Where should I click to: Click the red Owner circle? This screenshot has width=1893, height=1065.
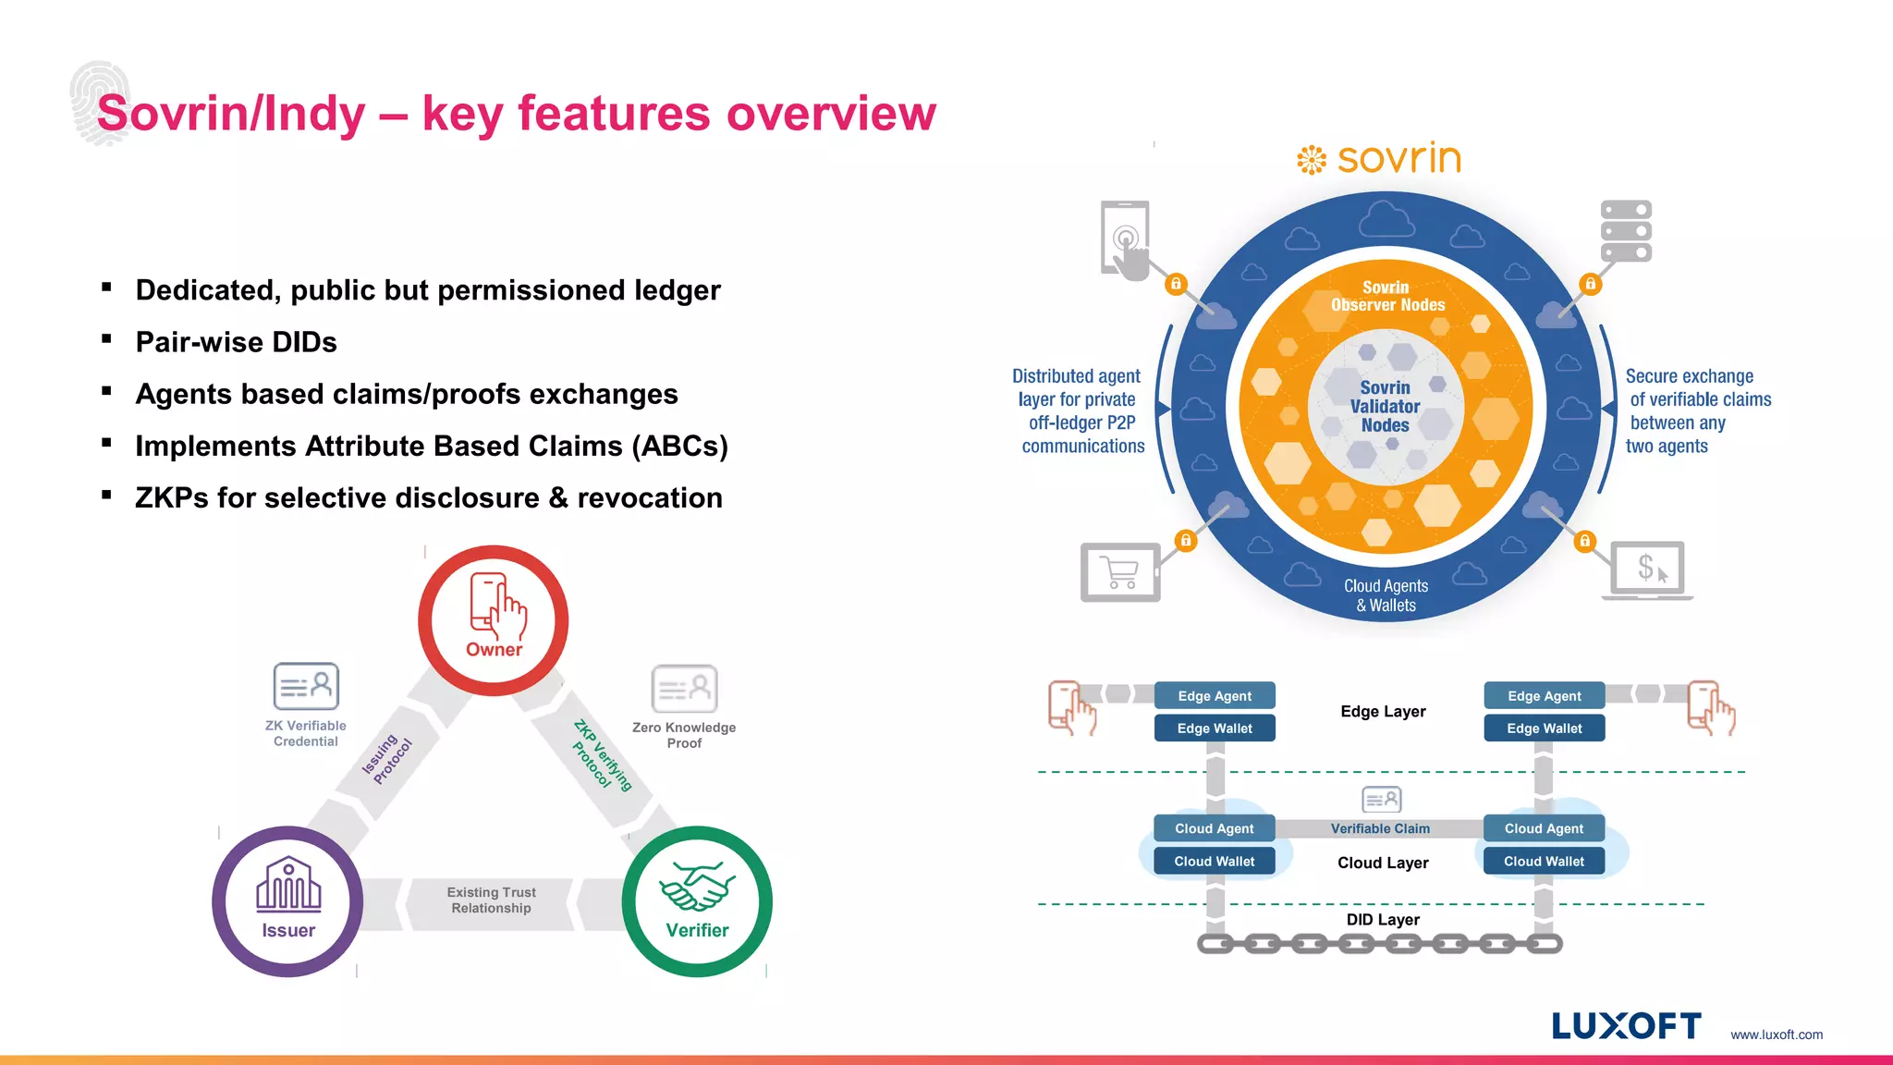[x=493, y=620]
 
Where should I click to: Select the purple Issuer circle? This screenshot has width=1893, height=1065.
[x=287, y=901]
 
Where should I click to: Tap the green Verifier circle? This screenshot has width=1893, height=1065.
[x=697, y=901]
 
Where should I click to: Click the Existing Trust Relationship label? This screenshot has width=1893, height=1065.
[x=491, y=900]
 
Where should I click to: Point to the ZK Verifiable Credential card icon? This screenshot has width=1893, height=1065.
[x=306, y=686]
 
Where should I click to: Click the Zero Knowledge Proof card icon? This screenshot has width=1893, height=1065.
[x=684, y=689]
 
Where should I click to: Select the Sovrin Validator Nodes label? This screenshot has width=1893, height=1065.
[x=1385, y=407]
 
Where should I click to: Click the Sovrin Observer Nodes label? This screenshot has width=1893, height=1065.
[x=1387, y=296]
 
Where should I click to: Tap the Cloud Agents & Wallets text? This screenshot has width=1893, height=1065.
[x=1386, y=595]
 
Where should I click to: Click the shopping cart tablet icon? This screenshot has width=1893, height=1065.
[x=1120, y=572]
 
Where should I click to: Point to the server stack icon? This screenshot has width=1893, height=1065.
[x=1626, y=231]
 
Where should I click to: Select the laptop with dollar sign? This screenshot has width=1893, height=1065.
[x=1651, y=570]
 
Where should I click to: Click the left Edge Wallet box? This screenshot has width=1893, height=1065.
[x=1215, y=728]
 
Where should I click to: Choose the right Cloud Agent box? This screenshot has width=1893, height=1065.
[x=1544, y=828]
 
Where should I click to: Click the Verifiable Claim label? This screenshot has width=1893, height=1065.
[x=1380, y=828]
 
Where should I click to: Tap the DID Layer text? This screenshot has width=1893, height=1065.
[x=1383, y=920]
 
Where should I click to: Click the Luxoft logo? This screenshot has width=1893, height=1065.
[x=1626, y=1026]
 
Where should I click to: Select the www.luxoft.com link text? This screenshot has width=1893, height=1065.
[x=1777, y=1034]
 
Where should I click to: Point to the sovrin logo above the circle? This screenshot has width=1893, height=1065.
[x=1379, y=159]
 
